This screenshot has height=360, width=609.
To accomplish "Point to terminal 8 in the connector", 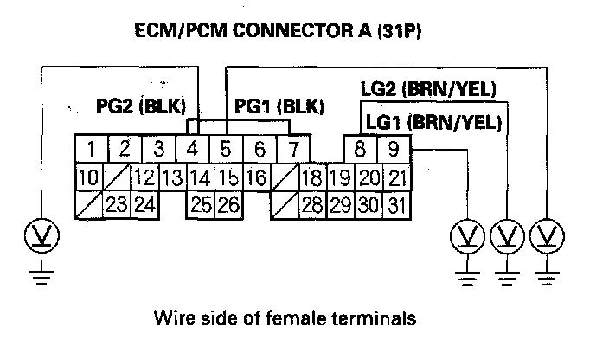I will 360,149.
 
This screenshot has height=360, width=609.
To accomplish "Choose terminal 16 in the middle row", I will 255,179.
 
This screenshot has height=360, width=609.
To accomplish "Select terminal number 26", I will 228,206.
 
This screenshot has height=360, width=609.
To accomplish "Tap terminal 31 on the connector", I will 396,206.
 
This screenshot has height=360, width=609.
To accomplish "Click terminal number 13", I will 171,179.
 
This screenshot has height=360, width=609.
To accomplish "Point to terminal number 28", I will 313,206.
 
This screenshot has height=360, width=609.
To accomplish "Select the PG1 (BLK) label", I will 279,107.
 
